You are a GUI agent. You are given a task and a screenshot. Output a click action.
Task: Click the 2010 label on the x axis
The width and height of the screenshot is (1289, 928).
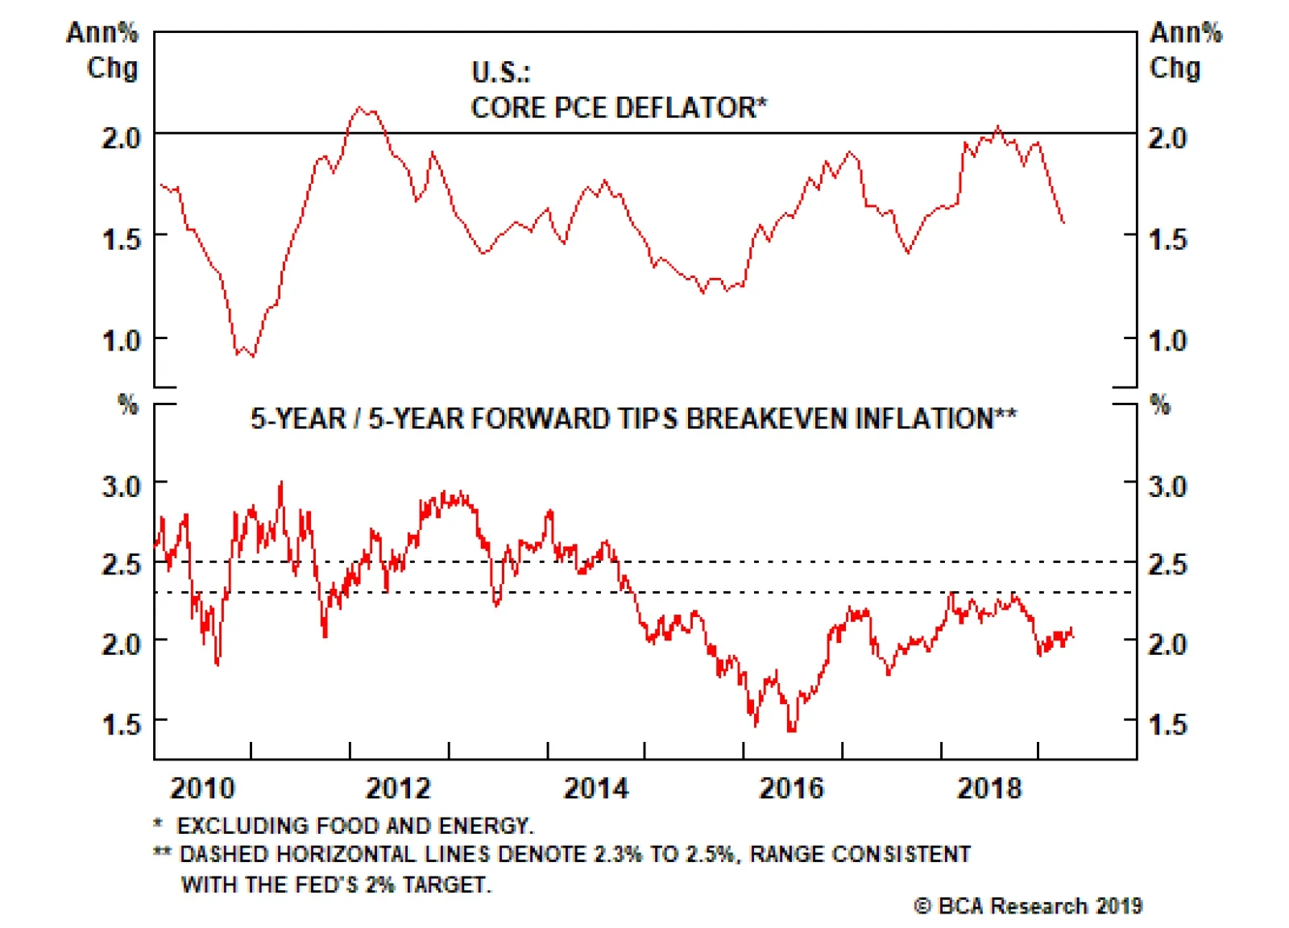(202, 788)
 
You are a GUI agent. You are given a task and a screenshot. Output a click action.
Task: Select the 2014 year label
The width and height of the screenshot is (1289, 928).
(595, 788)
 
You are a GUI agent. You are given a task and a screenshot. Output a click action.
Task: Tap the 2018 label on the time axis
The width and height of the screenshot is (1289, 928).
(989, 788)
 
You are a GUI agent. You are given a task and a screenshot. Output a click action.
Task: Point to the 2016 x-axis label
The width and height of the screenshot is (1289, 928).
(791, 788)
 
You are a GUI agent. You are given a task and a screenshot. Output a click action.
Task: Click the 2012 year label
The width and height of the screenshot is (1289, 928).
(398, 788)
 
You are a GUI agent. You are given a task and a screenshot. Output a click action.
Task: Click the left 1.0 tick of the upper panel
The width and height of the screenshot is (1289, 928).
(122, 340)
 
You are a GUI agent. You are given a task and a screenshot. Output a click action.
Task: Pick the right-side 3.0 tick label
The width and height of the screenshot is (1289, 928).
(1167, 486)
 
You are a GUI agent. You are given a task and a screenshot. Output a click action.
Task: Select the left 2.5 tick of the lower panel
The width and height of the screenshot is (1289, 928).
(122, 564)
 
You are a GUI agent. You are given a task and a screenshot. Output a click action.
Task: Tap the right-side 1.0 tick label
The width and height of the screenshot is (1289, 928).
(1167, 340)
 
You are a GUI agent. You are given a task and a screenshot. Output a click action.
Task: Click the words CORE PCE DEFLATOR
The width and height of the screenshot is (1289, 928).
(619, 108)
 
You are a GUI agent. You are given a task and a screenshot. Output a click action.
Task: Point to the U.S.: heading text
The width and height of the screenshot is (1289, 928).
(501, 72)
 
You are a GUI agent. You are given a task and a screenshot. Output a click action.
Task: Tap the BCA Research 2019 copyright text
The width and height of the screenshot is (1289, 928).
(1029, 906)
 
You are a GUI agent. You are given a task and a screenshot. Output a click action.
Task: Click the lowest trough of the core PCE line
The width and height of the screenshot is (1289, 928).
(253, 356)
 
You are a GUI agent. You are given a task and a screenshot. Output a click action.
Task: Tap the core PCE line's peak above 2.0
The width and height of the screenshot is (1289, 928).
(360, 107)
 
